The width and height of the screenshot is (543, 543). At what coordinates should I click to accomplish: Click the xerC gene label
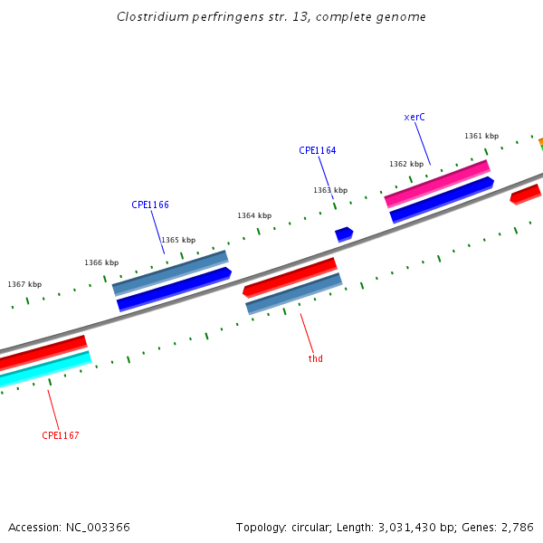[x=414, y=118]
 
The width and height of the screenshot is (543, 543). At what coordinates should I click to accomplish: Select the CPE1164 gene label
[x=318, y=151]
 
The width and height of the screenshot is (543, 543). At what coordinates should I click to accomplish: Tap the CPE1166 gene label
[x=150, y=205]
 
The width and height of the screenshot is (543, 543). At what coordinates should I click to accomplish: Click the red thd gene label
[x=315, y=359]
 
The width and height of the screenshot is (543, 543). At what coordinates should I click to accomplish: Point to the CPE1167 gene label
[x=61, y=436]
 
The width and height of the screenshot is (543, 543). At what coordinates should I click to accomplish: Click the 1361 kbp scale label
[x=481, y=137]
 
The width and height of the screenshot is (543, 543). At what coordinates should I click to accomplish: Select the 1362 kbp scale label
[x=406, y=165]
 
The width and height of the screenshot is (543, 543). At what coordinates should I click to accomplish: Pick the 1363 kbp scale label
[x=330, y=190]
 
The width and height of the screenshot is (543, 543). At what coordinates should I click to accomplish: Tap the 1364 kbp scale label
[x=254, y=216]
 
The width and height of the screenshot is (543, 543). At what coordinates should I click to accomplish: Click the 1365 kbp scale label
[x=178, y=241]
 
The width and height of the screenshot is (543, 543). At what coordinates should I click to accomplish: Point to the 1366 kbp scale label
[x=101, y=263]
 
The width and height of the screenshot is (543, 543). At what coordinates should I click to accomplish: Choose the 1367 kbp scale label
[x=24, y=285]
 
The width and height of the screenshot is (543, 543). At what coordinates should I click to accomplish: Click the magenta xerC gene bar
[x=437, y=184]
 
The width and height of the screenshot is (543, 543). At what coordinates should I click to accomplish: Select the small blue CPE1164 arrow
[x=344, y=234]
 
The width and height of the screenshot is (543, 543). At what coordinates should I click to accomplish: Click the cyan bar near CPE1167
[x=45, y=369]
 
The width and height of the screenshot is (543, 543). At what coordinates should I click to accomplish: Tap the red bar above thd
[x=290, y=277]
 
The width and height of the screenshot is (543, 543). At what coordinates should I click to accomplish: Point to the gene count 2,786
[x=515, y=527]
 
